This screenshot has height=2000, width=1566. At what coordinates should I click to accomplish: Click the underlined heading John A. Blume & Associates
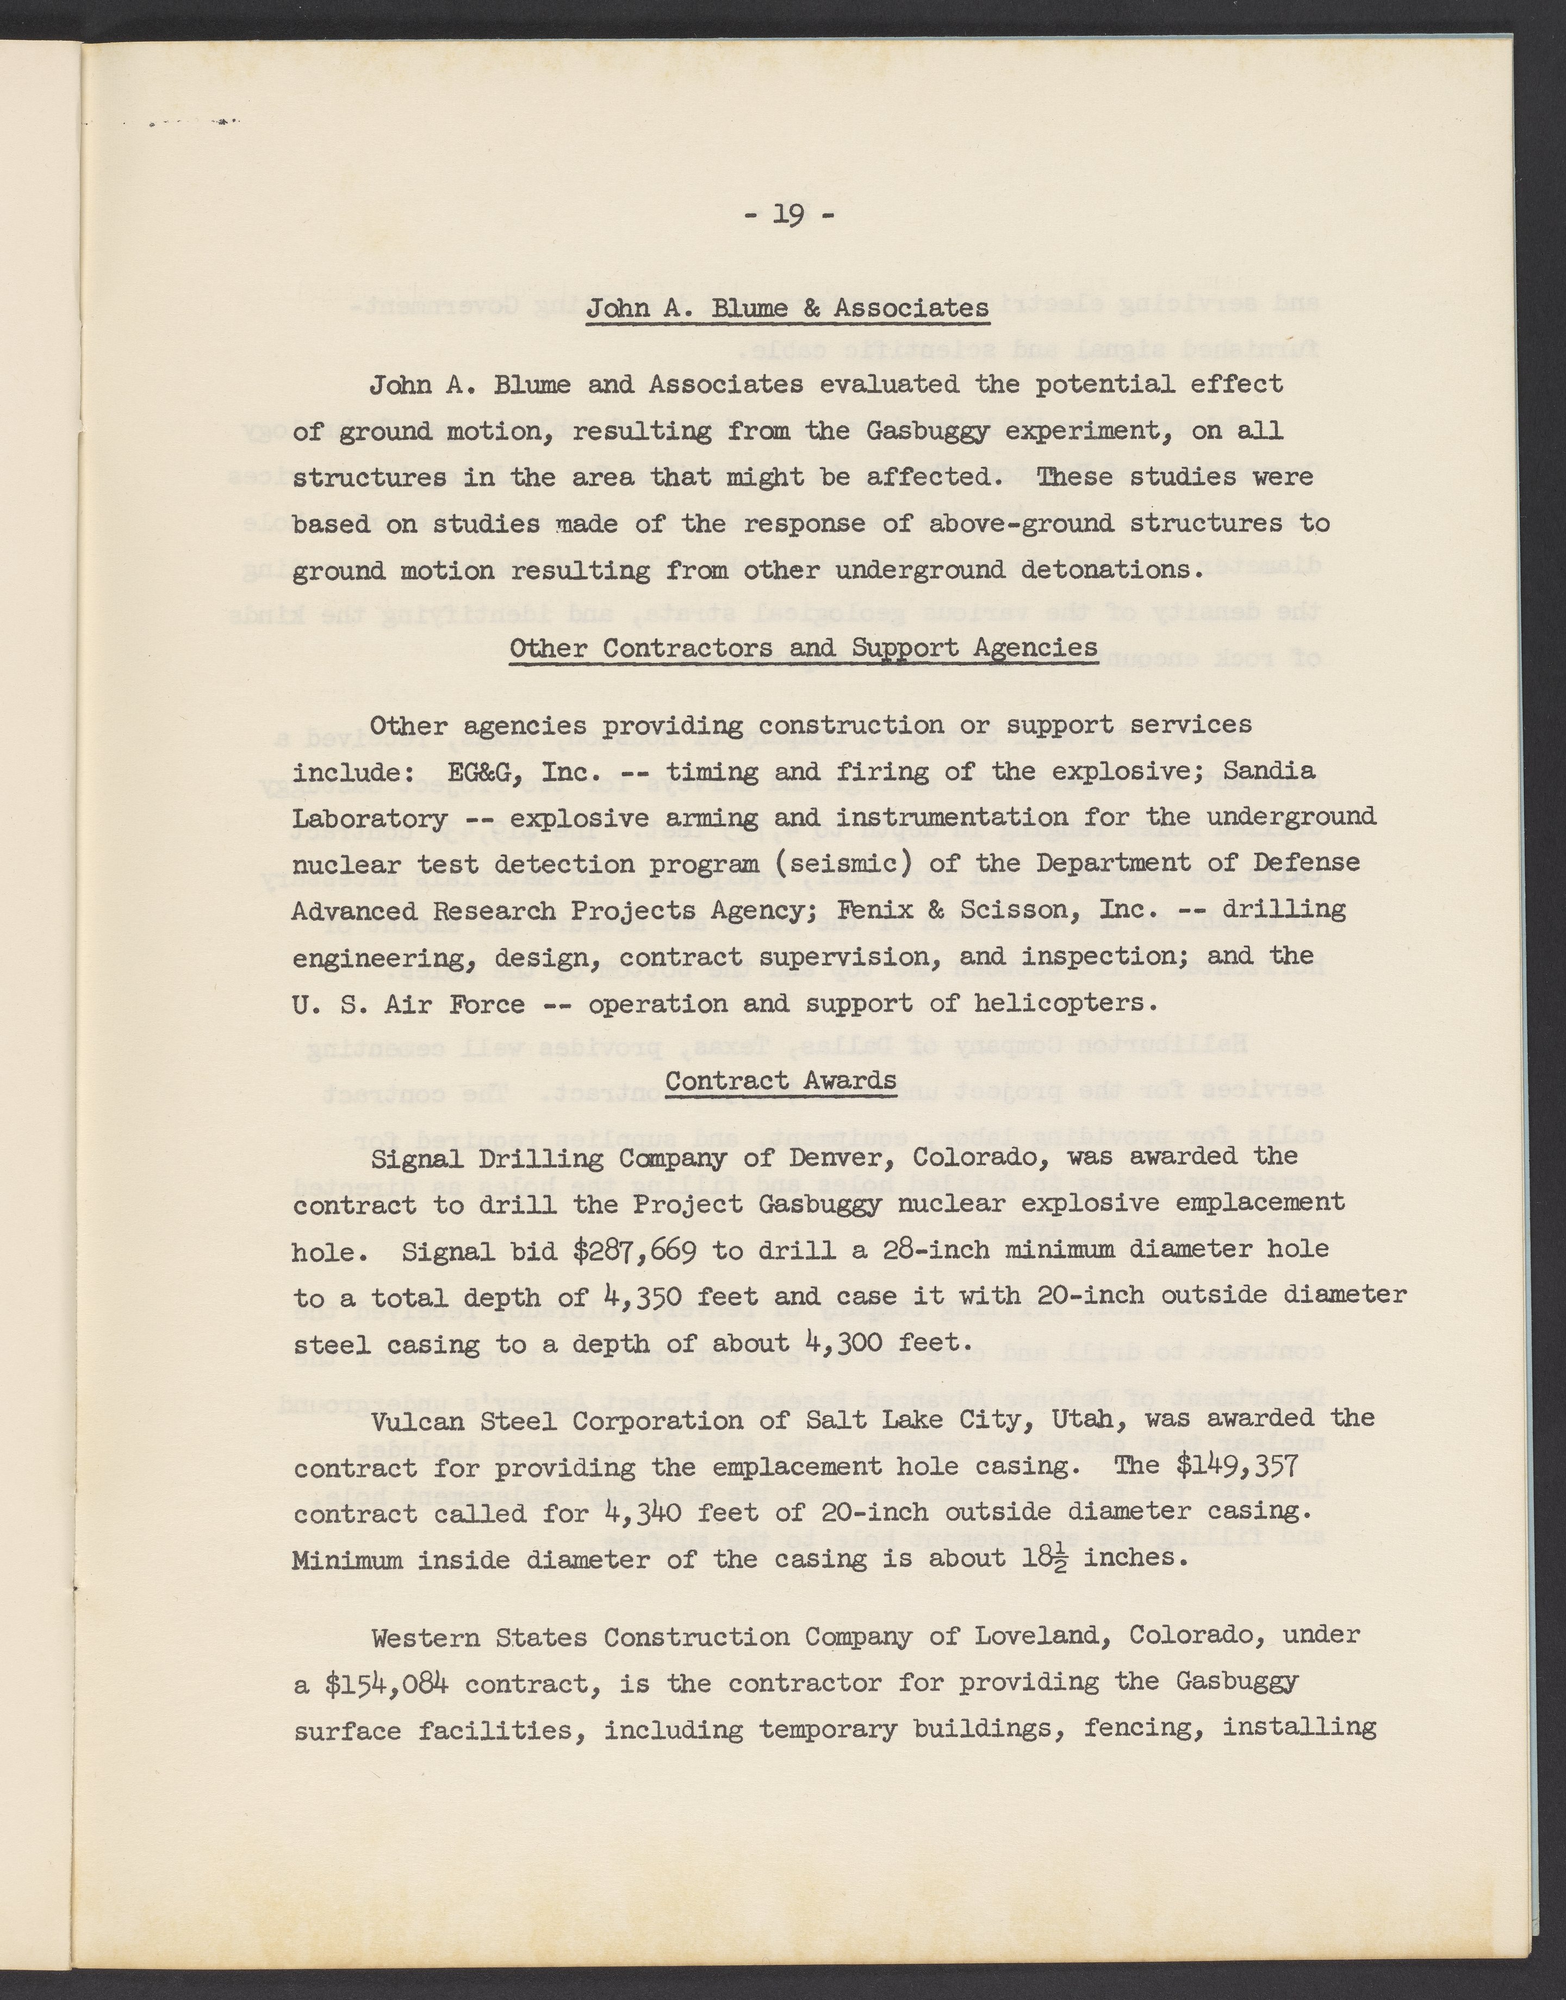click(787, 308)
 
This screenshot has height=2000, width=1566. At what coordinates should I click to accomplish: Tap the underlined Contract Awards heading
click(780, 1080)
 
